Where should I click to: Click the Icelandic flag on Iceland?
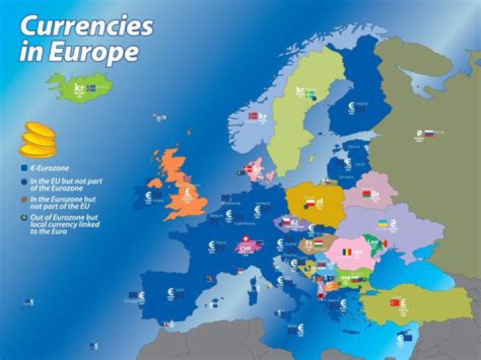coord(91,87)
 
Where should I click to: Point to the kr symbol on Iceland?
coord(79,87)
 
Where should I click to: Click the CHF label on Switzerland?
coord(245,246)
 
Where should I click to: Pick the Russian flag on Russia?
coord(430,133)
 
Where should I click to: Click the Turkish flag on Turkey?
coord(395,303)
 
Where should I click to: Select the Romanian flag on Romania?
coord(347,252)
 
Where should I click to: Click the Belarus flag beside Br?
coord(365,194)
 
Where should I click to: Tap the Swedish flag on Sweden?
coord(311,92)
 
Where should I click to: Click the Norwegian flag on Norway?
coord(253,116)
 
